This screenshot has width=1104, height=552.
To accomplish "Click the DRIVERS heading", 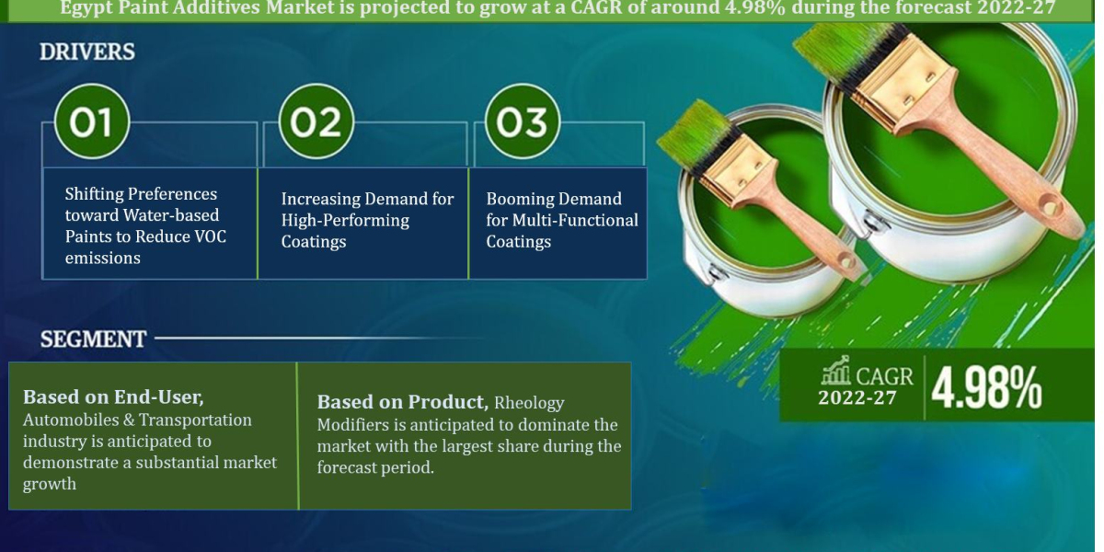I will click(87, 52).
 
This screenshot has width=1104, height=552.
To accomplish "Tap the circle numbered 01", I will click(91, 121).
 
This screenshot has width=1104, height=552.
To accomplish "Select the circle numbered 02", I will click(316, 121).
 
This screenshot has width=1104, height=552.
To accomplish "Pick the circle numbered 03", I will click(522, 121).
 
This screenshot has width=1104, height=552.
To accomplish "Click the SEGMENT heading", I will click(93, 339).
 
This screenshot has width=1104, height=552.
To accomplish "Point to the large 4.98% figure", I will click(986, 387).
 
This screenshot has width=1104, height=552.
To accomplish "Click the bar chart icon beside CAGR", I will click(835, 373).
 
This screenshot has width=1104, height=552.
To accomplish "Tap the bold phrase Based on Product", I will click(402, 402).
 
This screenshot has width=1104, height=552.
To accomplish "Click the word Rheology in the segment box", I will click(529, 403).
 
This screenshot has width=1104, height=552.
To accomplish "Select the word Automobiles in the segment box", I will click(66, 420).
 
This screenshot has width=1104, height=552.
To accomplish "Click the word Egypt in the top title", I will click(85, 9).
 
